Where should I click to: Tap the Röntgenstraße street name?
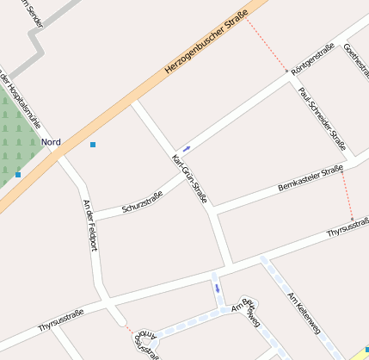tap(312, 58)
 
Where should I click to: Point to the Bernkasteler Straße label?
tap(311, 179)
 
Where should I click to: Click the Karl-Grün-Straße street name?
tap(189, 179)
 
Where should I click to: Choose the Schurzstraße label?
tap(142, 203)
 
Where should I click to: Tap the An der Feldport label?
tap(89, 225)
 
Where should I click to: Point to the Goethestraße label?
tap(356, 61)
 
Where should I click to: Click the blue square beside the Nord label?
tap(93, 145)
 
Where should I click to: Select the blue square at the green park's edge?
tap(18, 175)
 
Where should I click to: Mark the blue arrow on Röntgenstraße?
tap(187, 149)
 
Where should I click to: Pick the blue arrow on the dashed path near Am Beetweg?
tap(218, 288)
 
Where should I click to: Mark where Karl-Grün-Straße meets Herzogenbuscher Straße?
tap(133, 102)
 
